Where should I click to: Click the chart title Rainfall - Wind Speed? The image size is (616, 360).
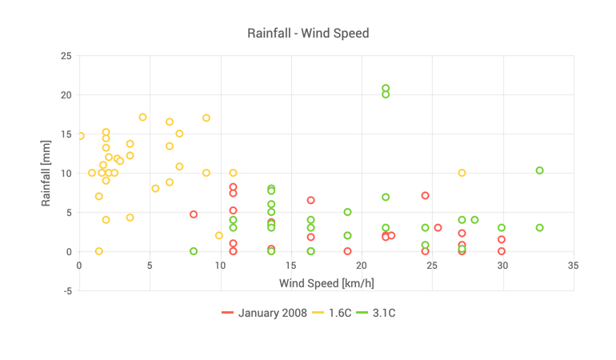click(x=308, y=34)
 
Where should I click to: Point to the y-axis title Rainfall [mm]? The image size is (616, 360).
click(x=46, y=173)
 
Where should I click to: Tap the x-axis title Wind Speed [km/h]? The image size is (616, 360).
click(x=326, y=283)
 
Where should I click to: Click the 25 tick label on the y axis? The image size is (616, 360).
click(x=66, y=56)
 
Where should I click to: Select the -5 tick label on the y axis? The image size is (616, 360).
click(x=66, y=291)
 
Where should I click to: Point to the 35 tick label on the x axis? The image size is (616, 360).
click(x=573, y=266)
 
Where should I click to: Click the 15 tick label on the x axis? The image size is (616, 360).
click(x=291, y=266)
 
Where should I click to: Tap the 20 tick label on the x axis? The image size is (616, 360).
click(x=362, y=266)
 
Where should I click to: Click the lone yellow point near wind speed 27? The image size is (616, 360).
click(x=462, y=173)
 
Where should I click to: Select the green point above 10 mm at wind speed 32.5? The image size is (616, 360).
click(x=539, y=170)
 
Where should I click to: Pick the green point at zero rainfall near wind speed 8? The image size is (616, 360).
click(x=194, y=251)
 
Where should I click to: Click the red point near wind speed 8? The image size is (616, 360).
click(x=194, y=214)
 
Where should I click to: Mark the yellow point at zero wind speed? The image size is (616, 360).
click(x=81, y=136)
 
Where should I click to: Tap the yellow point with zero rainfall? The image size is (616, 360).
click(x=99, y=251)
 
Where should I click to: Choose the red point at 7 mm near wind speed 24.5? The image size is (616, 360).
click(x=426, y=196)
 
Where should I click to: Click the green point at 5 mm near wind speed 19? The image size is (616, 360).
click(x=347, y=212)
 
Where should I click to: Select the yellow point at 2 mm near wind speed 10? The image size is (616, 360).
click(x=219, y=235)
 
